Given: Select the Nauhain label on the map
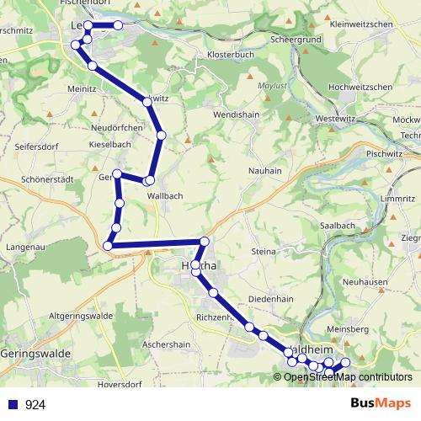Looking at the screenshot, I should pyautogui.click(x=265, y=171).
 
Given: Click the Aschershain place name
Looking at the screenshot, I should pyautogui.click(x=168, y=344).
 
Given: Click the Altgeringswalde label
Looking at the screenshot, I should pyautogui.click(x=82, y=316).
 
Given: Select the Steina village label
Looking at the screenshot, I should pyautogui.click(x=264, y=251).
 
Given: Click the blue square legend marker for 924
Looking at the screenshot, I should pyautogui.click(x=13, y=405).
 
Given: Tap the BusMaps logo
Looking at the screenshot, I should pyautogui.click(x=381, y=404).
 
